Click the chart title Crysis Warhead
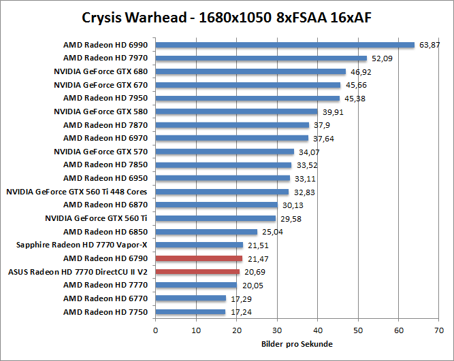click(x=227, y=16)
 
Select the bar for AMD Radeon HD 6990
click(x=285, y=46)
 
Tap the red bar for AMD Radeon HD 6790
click(x=199, y=258)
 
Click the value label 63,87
click(x=430, y=46)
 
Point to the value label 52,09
click(x=383, y=59)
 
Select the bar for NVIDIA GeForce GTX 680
click(x=250, y=72)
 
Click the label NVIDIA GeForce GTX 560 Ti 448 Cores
click(x=76, y=192)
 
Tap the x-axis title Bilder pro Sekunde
click(x=297, y=344)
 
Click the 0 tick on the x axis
click(x=156, y=330)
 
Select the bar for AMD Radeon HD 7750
click(x=191, y=312)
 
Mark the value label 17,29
click(x=241, y=298)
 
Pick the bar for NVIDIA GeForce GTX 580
click(x=236, y=111)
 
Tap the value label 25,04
click(x=272, y=232)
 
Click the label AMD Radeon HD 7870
click(x=105, y=125)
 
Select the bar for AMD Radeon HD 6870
click(x=216, y=205)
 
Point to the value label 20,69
click(x=255, y=272)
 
